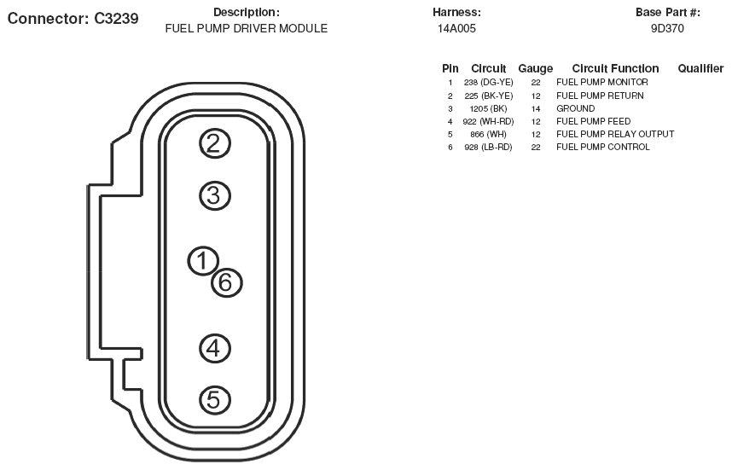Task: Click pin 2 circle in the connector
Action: (x=215, y=143)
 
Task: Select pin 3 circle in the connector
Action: (x=215, y=195)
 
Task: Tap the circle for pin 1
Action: (x=203, y=261)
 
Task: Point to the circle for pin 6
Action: (x=226, y=281)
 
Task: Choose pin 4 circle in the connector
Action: (x=215, y=347)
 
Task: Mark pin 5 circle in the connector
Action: (x=215, y=399)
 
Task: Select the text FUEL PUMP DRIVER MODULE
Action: (x=246, y=28)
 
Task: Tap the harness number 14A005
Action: (x=456, y=28)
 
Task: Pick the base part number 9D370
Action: (x=667, y=28)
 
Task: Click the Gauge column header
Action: (x=535, y=68)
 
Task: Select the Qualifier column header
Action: (x=700, y=68)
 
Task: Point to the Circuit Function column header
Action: (x=615, y=68)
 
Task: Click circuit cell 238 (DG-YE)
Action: (x=489, y=82)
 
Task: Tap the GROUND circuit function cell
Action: (x=575, y=108)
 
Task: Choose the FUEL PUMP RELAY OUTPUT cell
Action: (x=614, y=134)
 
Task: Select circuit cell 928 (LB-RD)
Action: (x=488, y=147)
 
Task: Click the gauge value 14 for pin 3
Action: (x=536, y=108)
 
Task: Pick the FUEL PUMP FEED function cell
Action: (x=593, y=121)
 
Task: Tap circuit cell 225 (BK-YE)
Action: (x=488, y=96)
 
